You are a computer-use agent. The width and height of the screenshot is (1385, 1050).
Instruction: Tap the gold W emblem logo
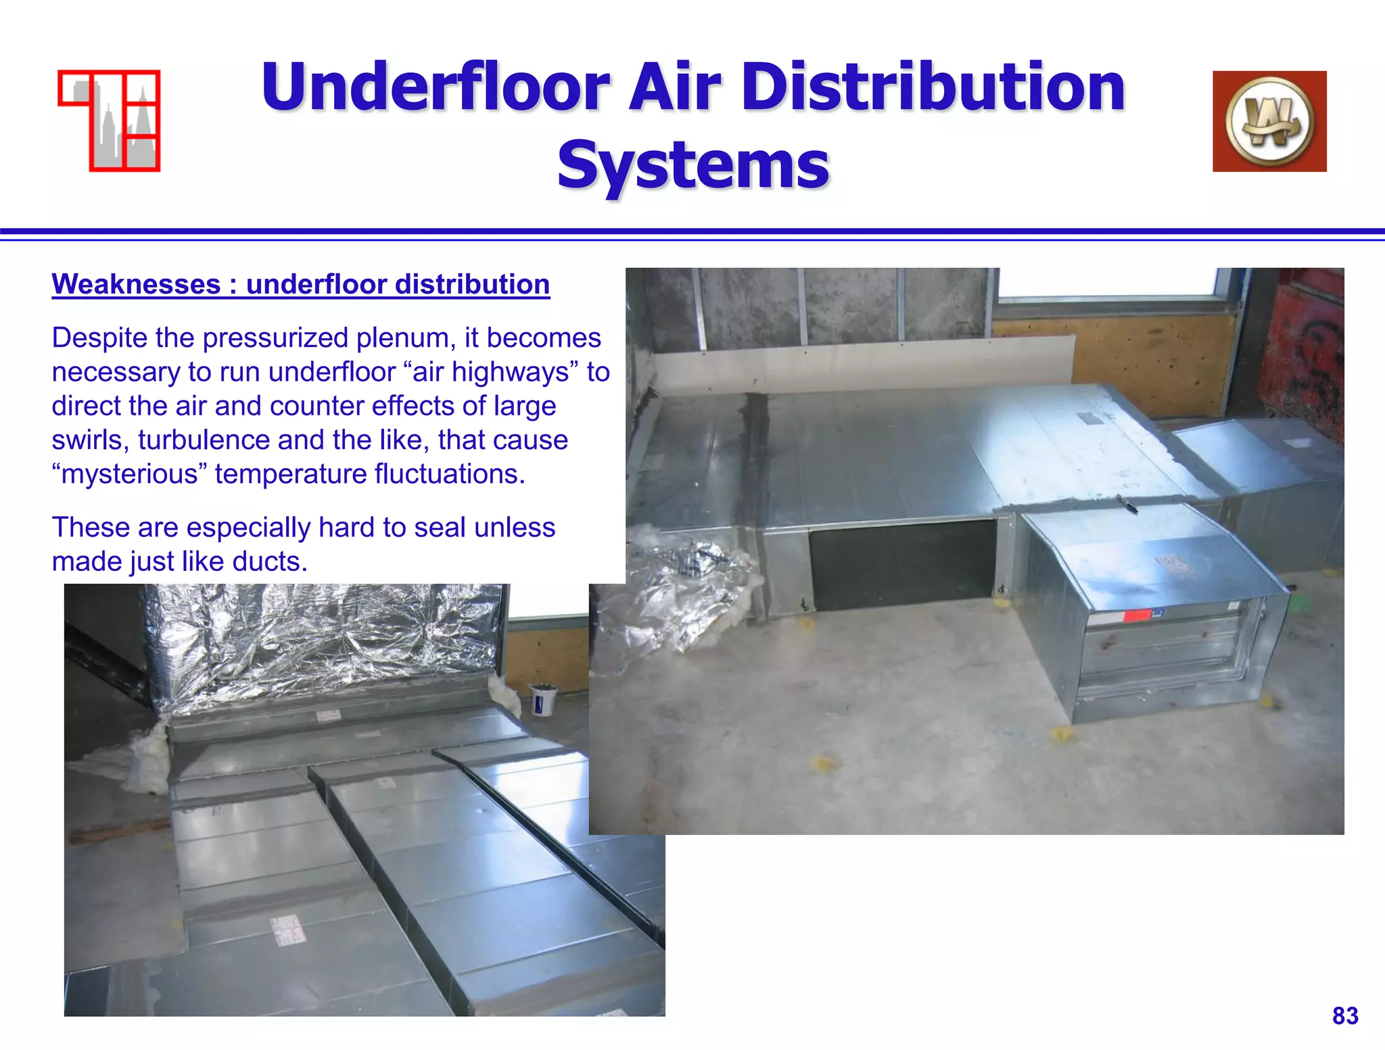[x=1269, y=121]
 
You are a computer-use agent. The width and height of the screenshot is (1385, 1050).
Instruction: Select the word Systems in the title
[x=693, y=165]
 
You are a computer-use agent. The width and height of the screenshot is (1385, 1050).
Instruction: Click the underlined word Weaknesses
[x=136, y=284]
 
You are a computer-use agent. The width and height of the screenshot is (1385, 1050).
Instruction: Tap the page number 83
[x=1345, y=1015]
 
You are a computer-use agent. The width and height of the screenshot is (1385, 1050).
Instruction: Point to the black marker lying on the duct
[x=1127, y=503]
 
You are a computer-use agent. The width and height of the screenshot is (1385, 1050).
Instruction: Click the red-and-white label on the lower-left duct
[x=287, y=930]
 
